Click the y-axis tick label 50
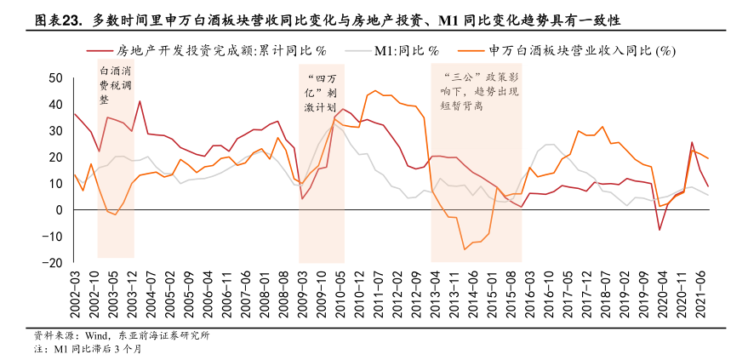point(56,78)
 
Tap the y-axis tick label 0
point(60,210)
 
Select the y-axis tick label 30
point(56,131)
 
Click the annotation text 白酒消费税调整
point(116,85)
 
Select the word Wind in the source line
point(95,335)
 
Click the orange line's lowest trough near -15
point(465,249)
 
